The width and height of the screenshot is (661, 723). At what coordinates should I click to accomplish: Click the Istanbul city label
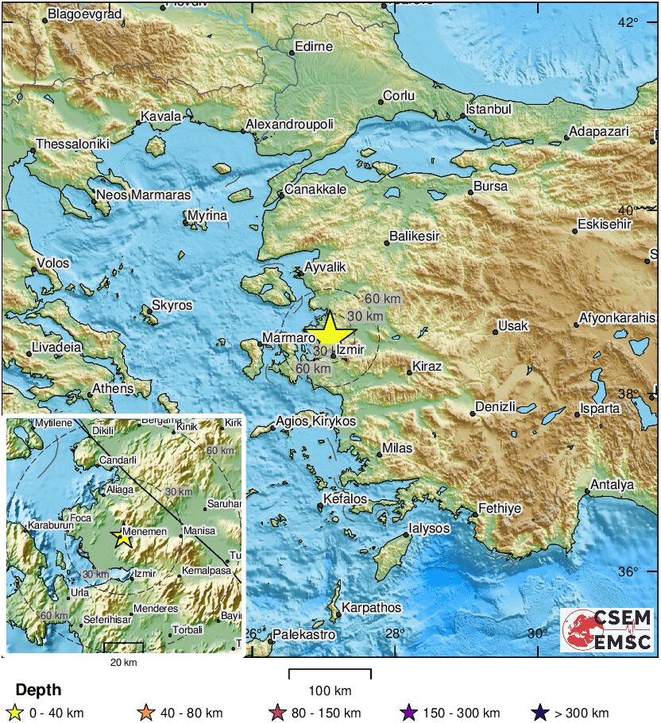pyautogui.click(x=489, y=109)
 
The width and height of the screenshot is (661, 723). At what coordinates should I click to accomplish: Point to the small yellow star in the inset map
pyautogui.click(x=122, y=538)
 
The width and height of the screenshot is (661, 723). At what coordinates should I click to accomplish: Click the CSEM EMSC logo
pyautogui.click(x=608, y=629)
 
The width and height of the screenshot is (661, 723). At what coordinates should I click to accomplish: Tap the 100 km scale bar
pyautogui.click(x=330, y=674)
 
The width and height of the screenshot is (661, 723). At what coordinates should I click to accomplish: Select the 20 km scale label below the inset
pyautogui.click(x=123, y=662)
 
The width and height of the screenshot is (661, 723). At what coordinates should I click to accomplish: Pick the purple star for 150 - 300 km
pyautogui.click(x=408, y=713)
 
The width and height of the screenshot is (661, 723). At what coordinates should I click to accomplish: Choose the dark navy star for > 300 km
pyautogui.click(x=540, y=713)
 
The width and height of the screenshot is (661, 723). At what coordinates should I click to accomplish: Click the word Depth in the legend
pyautogui.click(x=38, y=690)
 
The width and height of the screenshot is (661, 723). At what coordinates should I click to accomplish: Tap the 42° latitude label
pyautogui.click(x=629, y=22)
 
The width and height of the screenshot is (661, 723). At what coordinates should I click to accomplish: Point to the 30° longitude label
pyautogui.click(x=537, y=633)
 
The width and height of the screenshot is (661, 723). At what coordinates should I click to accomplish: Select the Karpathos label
pyautogui.click(x=371, y=608)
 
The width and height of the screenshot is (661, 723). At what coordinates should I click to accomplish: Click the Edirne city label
pyautogui.click(x=313, y=47)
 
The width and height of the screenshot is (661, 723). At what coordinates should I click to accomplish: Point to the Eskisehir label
pyautogui.click(x=604, y=224)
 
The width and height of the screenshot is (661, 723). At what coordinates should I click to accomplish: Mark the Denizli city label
pyautogui.click(x=496, y=407)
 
